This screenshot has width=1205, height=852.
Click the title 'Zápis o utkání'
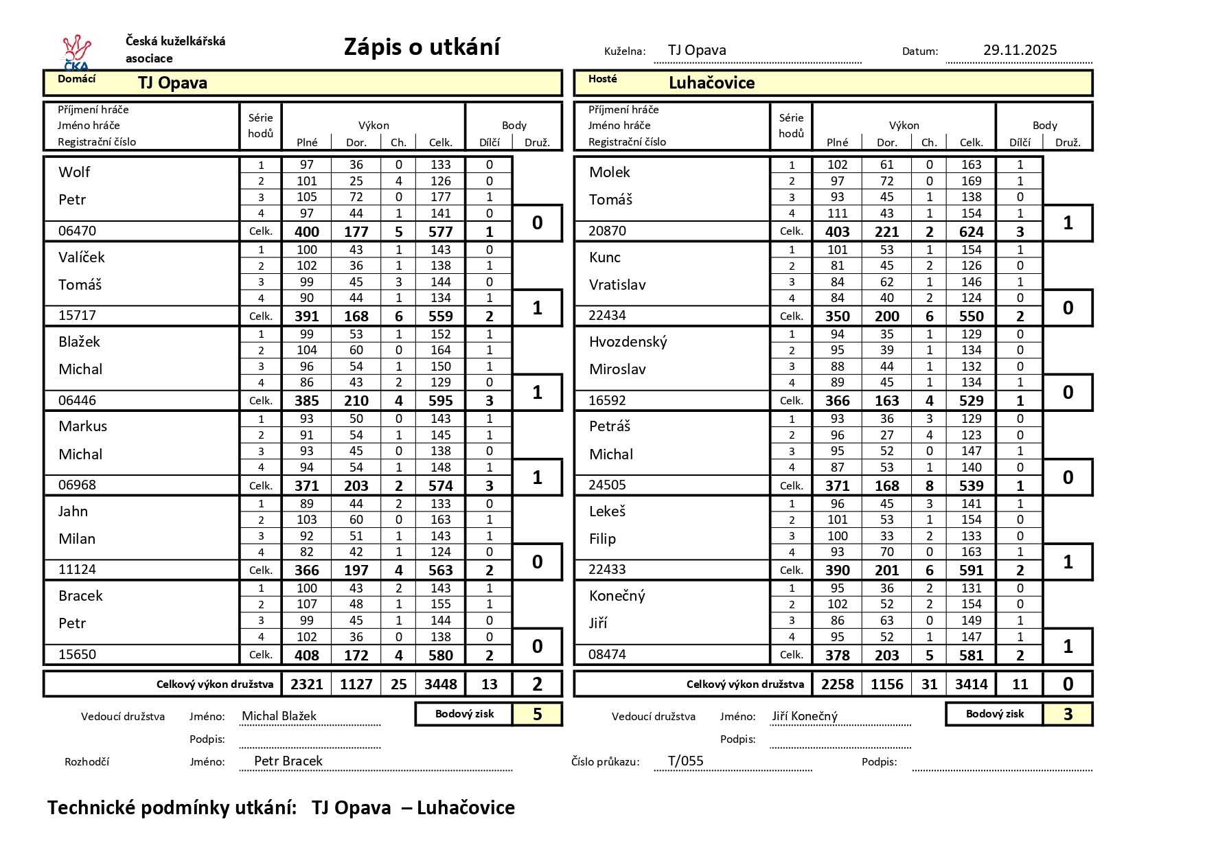(x=422, y=47)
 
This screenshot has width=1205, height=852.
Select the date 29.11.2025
(x=1020, y=50)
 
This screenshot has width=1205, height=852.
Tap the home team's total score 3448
(x=440, y=684)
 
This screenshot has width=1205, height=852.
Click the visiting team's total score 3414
(x=971, y=684)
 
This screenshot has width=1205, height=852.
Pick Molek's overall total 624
(x=971, y=232)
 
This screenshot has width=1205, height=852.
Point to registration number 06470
(x=78, y=231)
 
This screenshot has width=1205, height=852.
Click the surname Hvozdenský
(x=628, y=342)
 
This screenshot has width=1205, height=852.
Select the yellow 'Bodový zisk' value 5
(x=537, y=715)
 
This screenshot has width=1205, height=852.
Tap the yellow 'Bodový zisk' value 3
(x=1068, y=715)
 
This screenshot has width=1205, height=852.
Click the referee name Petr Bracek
(x=288, y=761)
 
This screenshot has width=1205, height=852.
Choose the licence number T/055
(x=685, y=761)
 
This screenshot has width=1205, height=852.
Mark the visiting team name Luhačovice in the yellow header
(x=711, y=83)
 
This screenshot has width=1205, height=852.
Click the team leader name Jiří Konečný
(x=804, y=717)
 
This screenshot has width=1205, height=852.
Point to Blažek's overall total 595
(x=440, y=401)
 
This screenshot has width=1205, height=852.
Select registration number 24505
(x=608, y=485)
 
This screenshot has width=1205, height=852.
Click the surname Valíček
(x=82, y=257)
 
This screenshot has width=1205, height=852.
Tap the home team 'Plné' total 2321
(x=306, y=684)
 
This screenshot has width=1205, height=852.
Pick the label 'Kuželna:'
(x=624, y=51)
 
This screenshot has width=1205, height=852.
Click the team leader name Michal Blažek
(x=279, y=717)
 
